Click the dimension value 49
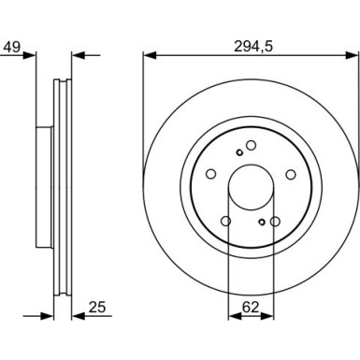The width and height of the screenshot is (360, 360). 12,47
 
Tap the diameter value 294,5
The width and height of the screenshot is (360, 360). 253,47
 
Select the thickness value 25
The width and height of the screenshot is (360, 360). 97,308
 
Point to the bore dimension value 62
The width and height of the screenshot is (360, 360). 251,308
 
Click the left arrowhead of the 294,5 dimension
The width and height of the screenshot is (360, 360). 150,55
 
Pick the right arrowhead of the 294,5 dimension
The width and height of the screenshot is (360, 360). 353,55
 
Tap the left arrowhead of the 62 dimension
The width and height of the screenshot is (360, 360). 235,316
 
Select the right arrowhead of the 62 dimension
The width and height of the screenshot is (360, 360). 268,316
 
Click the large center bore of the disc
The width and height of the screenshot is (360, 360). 252,188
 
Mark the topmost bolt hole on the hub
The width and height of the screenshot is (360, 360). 251,145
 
